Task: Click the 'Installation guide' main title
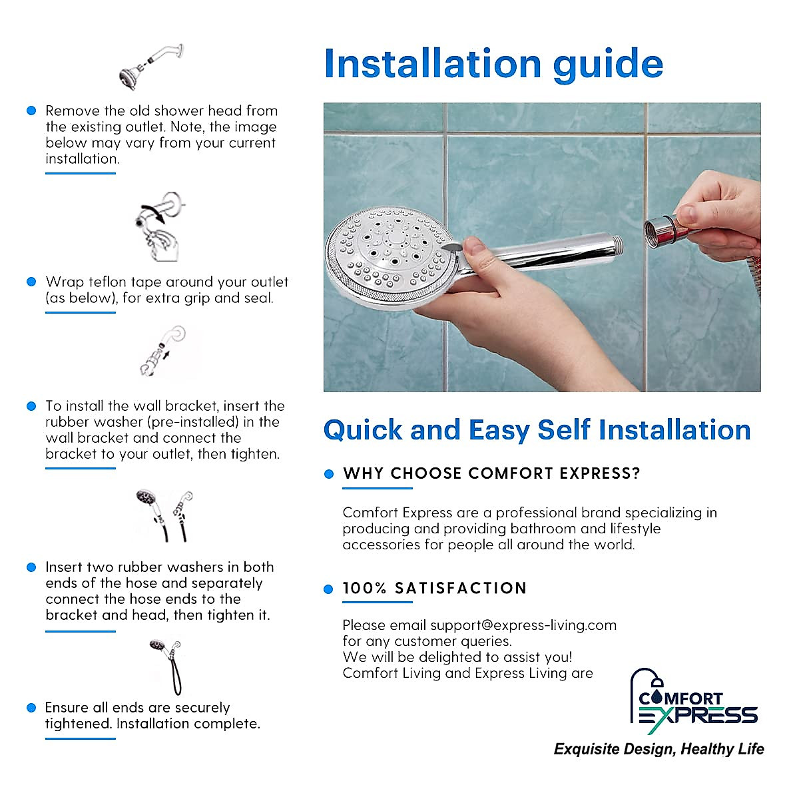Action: (493, 64)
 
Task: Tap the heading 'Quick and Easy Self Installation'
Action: (537, 430)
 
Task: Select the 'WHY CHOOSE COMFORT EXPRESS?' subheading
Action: (491, 473)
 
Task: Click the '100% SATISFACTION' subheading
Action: (434, 588)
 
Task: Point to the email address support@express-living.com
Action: (523, 625)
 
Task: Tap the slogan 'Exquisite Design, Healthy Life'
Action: (659, 749)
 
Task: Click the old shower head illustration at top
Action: (150, 67)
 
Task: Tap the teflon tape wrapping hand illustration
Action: (158, 226)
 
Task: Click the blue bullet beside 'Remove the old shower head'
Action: (31, 111)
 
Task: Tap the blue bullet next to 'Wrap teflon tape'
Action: (31, 282)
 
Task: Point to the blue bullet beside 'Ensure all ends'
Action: (31, 707)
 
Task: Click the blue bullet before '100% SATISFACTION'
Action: (328, 589)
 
